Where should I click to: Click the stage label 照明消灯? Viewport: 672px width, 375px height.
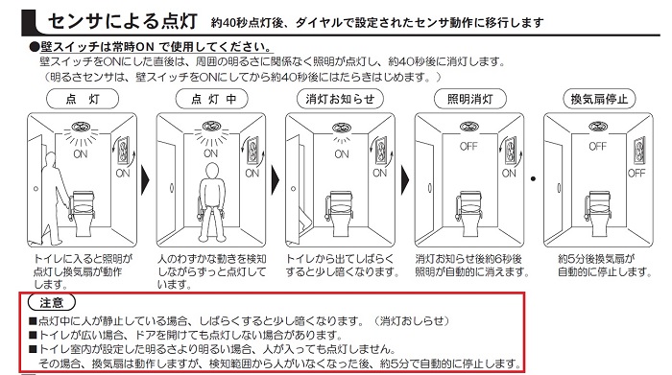[463, 99]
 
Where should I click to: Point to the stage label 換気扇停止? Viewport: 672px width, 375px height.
[593, 99]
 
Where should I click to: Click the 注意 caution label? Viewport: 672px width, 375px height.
[52, 302]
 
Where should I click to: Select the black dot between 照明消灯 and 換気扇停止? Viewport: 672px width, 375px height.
[532, 179]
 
